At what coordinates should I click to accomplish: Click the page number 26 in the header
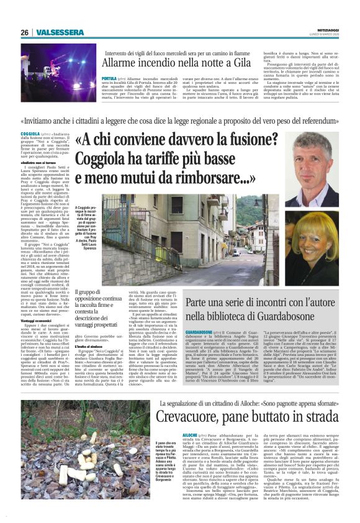(x=24, y=32)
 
